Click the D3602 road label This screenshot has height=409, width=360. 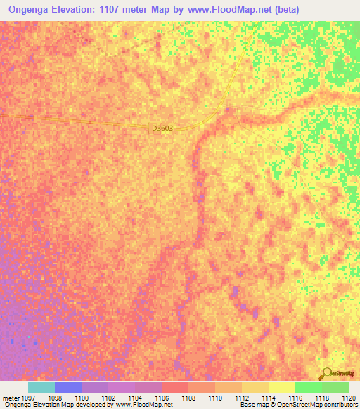[162, 129]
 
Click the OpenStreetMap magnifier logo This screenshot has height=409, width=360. [326, 374]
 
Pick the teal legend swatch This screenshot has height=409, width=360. [41, 387]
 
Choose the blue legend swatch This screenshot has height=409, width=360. [68, 387]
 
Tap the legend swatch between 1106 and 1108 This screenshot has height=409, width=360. [175, 387]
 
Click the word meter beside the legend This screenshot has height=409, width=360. [9, 398]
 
